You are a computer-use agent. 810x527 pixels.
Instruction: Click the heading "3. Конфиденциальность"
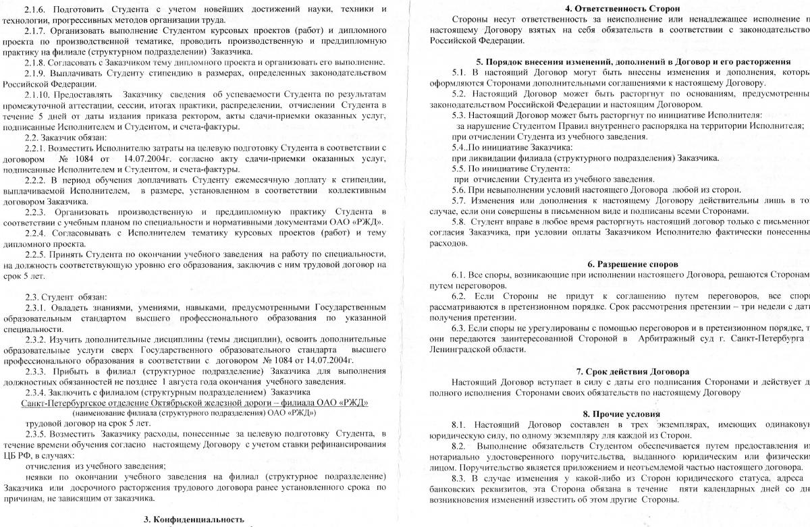[x=194, y=519]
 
